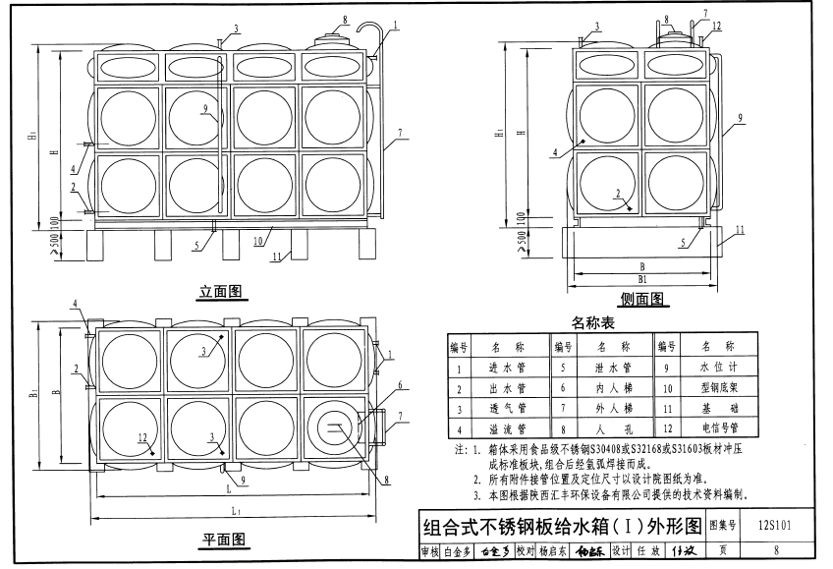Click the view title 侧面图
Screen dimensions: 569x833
pos(643,299)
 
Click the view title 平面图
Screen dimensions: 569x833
pos(223,540)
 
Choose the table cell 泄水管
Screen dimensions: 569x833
pos(611,369)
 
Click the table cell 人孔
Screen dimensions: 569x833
pos(611,428)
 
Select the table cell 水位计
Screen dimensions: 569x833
pos(713,369)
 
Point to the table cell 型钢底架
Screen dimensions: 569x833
pos(713,388)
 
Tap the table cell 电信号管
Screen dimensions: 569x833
pos(713,428)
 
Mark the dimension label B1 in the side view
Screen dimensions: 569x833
pos(641,280)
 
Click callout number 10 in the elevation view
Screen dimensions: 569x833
pos(256,240)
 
